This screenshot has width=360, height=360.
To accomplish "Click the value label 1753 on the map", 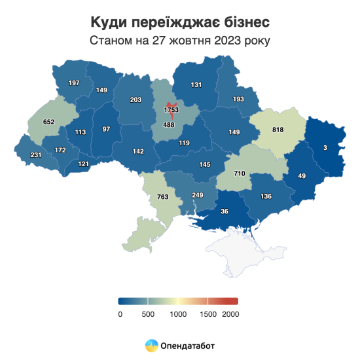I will (x=171, y=111).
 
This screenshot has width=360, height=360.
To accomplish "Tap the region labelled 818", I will (x=278, y=130).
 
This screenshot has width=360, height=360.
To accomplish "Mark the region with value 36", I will (x=225, y=211).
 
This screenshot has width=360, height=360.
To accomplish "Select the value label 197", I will (x=73, y=82).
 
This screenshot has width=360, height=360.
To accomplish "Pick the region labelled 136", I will (x=266, y=196).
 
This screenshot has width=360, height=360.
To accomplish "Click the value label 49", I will (x=302, y=175).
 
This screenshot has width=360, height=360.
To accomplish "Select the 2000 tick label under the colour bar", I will (x=230, y=314).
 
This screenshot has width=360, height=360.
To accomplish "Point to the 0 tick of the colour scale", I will (x=120, y=314).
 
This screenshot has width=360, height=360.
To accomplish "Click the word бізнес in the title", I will (x=242, y=22).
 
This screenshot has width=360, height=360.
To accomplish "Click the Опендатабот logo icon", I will (x=151, y=344).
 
